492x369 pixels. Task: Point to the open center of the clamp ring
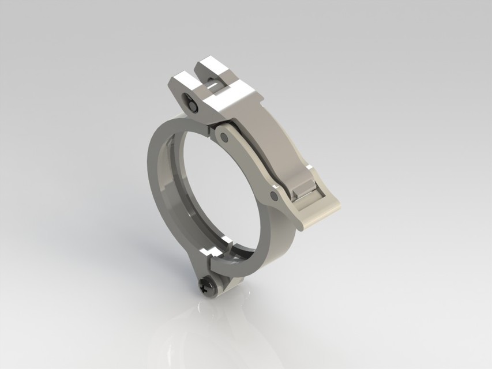coord(219,190)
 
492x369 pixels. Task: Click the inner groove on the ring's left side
coord(173,190)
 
